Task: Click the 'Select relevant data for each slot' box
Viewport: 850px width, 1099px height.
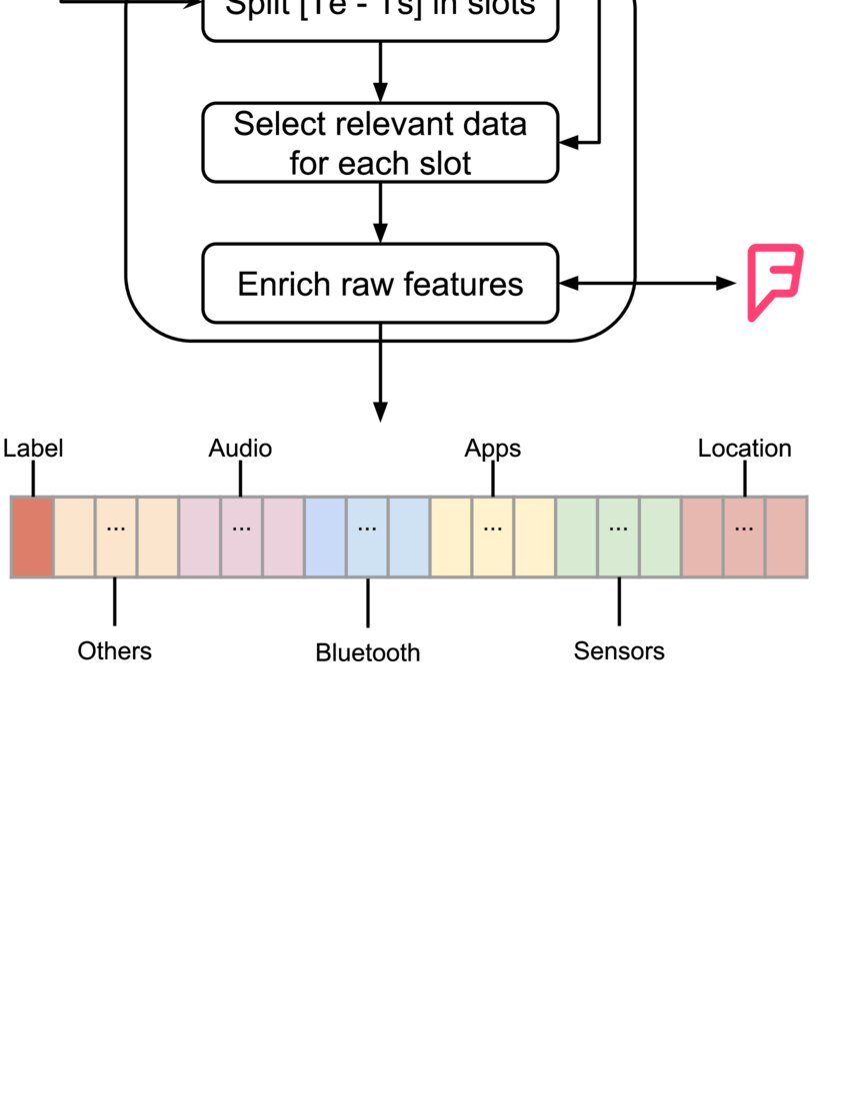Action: tap(380, 143)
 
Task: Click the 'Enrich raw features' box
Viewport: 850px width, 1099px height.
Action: tap(380, 284)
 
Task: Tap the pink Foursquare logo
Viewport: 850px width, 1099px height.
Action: tap(774, 282)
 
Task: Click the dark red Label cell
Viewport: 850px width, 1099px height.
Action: tap(32, 537)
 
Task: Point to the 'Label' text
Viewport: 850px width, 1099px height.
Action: tap(33, 449)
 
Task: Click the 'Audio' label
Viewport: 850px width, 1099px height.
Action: tap(240, 449)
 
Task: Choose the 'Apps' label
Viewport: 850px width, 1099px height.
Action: tap(492, 449)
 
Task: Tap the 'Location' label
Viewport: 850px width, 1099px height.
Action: tap(744, 449)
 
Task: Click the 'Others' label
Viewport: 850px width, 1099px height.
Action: tap(115, 650)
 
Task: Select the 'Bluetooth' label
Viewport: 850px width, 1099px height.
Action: tap(367, 652)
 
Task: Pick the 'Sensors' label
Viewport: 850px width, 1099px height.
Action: tap(619, 650)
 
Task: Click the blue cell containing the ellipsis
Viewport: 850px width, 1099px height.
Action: tap(367, 537)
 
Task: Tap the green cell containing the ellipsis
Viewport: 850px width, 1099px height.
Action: tap(619, 537)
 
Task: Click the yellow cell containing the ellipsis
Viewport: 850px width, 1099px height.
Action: tap(492, 537)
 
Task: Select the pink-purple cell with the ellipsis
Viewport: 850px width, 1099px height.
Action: tap(241, 537)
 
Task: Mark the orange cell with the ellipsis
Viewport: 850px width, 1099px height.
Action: tap(115, 537)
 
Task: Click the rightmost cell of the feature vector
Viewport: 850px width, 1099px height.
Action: tap(786, 537)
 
